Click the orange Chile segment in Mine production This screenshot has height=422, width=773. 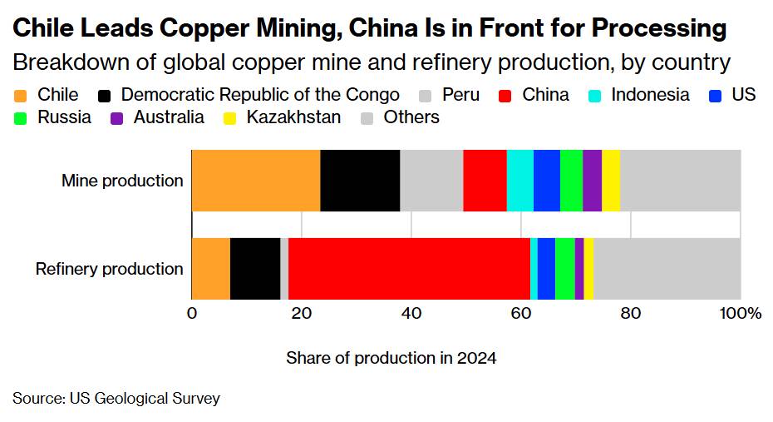tap(256, 181)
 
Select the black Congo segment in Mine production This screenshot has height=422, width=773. tap(360, 181)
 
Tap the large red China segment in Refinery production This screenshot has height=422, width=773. tap(409, 268)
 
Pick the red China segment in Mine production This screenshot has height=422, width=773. tap(485, 181)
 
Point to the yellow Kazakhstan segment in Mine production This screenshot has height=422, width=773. tap(611, 181)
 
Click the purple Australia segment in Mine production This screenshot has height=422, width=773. tap(592, 181)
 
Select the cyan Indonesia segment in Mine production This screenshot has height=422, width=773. tap(519, 181)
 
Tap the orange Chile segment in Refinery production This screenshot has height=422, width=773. tap(211, 268)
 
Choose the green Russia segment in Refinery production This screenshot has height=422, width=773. tap(565, 268)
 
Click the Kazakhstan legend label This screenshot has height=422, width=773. tap(293, 117)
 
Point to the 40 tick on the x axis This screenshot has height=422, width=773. tap(411, 314)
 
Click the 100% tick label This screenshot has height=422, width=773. tap(740, 314)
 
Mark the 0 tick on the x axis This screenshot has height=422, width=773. tap(192, 314)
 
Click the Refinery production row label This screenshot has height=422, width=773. tap(109, 269)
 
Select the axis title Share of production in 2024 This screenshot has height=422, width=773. tap(391, 359)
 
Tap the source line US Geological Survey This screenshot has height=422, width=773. tap(116, 399)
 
